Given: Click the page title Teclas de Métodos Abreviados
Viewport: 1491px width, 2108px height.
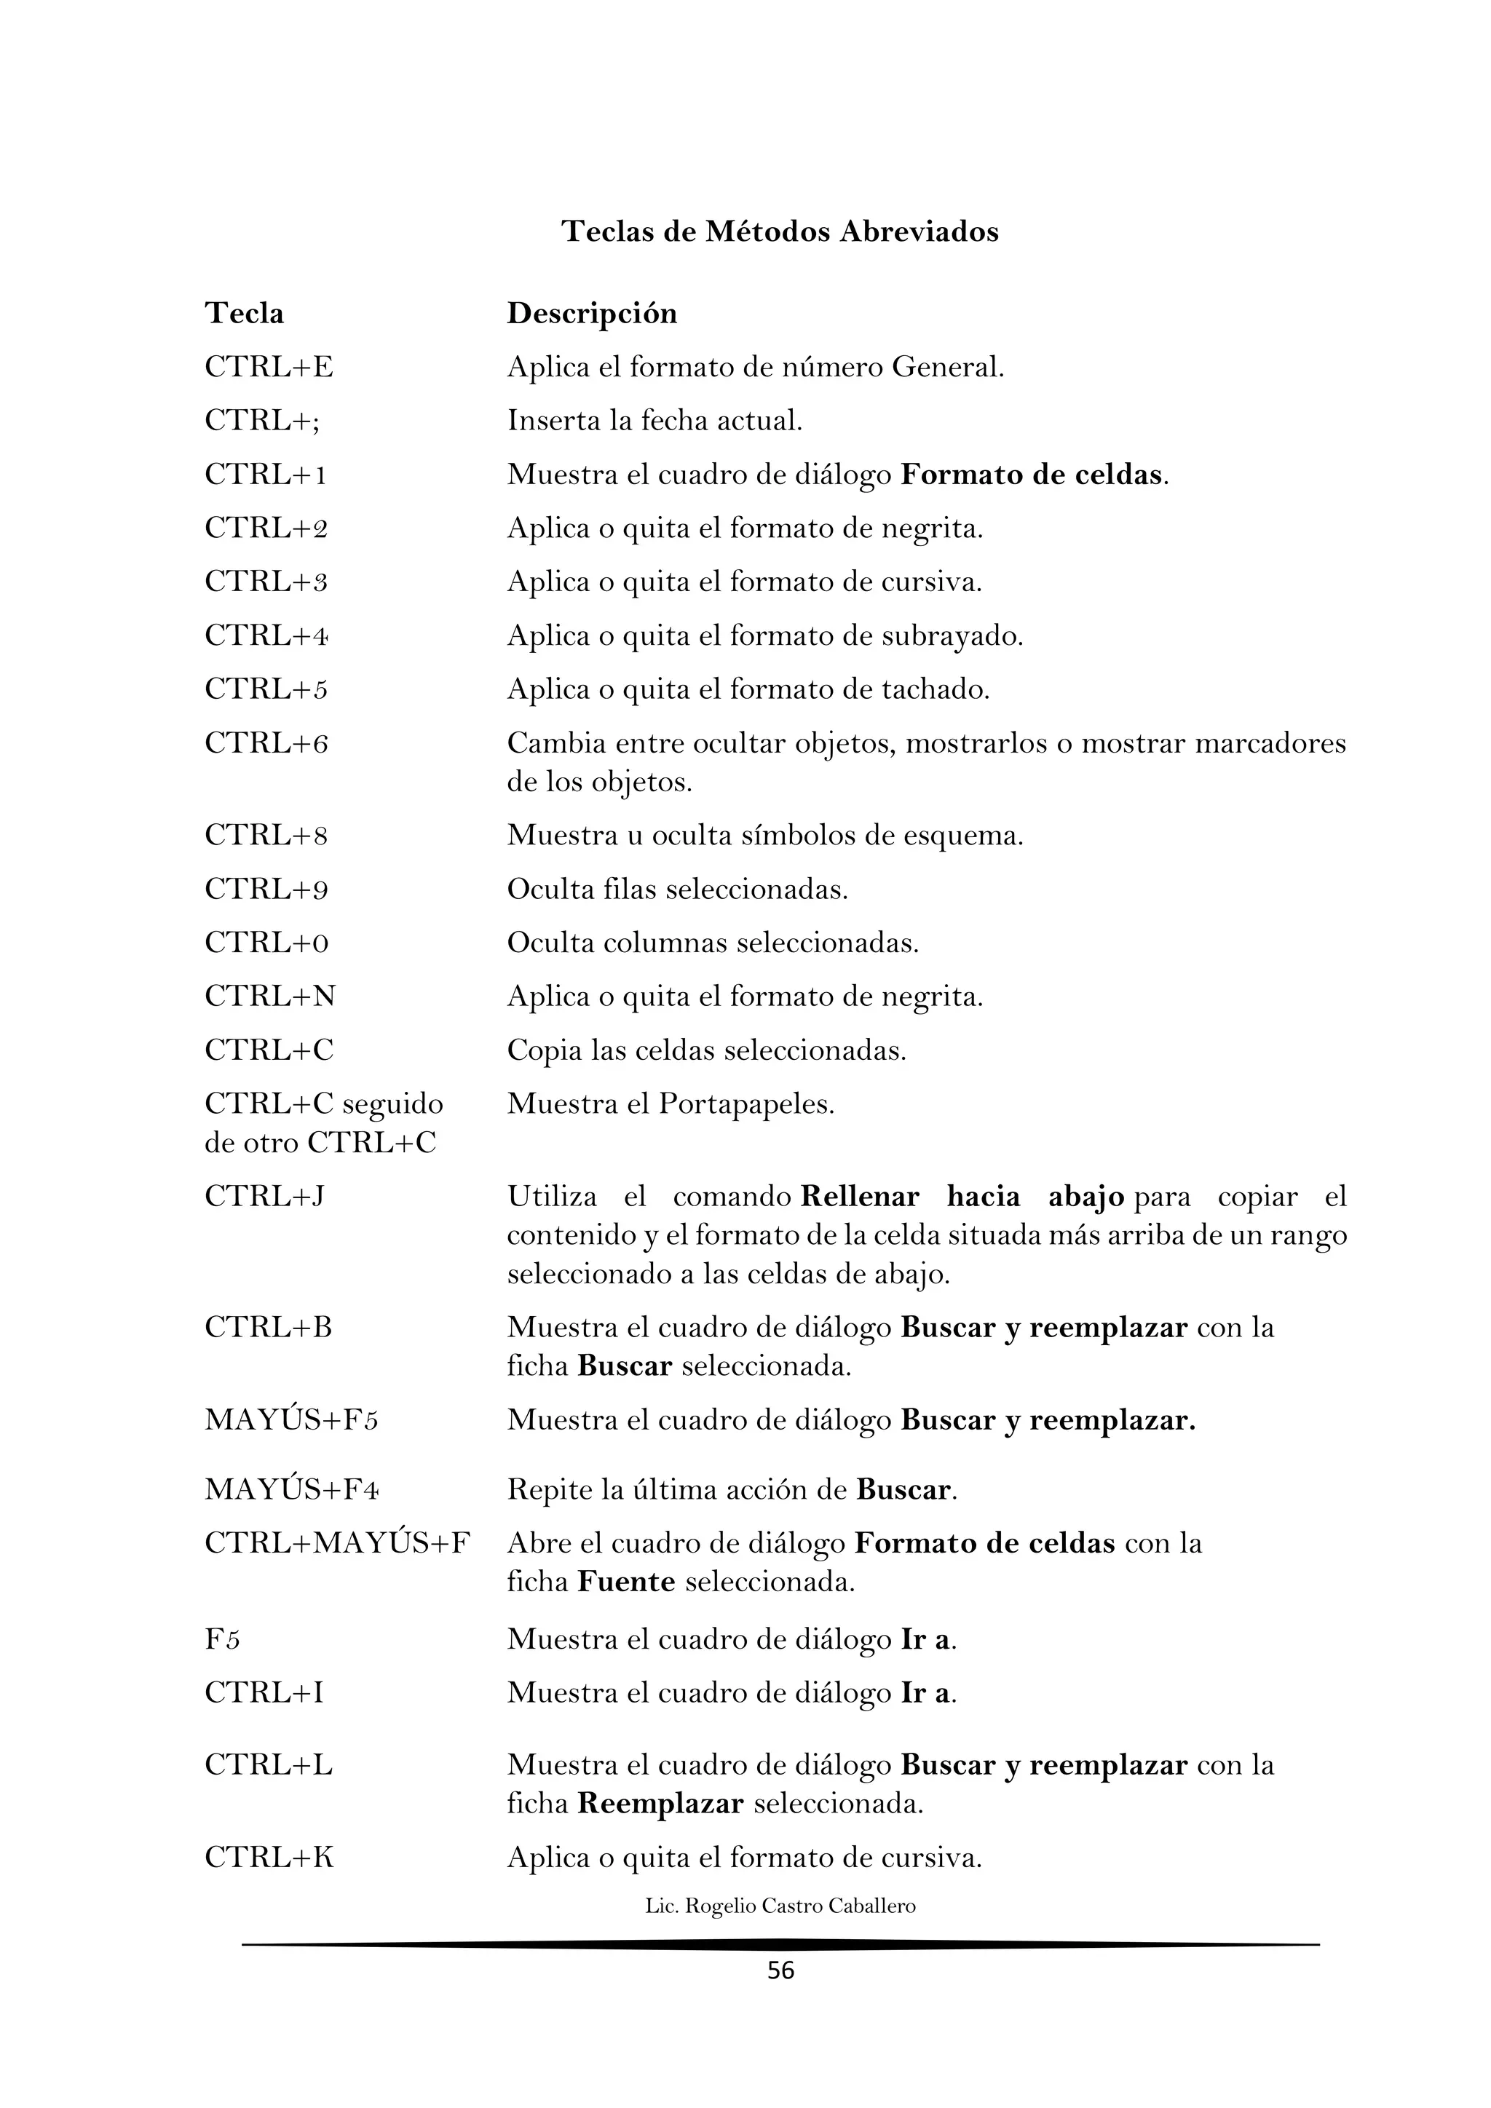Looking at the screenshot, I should (780, 231).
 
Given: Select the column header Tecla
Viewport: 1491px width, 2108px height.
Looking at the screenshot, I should (244, 314).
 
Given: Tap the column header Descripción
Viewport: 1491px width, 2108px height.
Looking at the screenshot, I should (592, 314).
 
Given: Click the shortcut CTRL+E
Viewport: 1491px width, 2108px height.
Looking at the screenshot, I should (268, 368).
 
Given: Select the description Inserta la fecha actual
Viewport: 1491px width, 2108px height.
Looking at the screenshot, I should (654, 421).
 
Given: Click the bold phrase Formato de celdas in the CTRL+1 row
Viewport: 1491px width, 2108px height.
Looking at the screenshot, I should (1031, 475).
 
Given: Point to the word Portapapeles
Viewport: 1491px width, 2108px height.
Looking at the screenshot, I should (745, 1103).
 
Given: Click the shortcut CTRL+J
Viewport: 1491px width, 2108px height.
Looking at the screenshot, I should (264, 1197).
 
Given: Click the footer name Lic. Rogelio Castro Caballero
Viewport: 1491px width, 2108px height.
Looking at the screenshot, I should (780, 1906).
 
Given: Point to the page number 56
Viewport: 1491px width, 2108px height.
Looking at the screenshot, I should (780, 1971).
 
